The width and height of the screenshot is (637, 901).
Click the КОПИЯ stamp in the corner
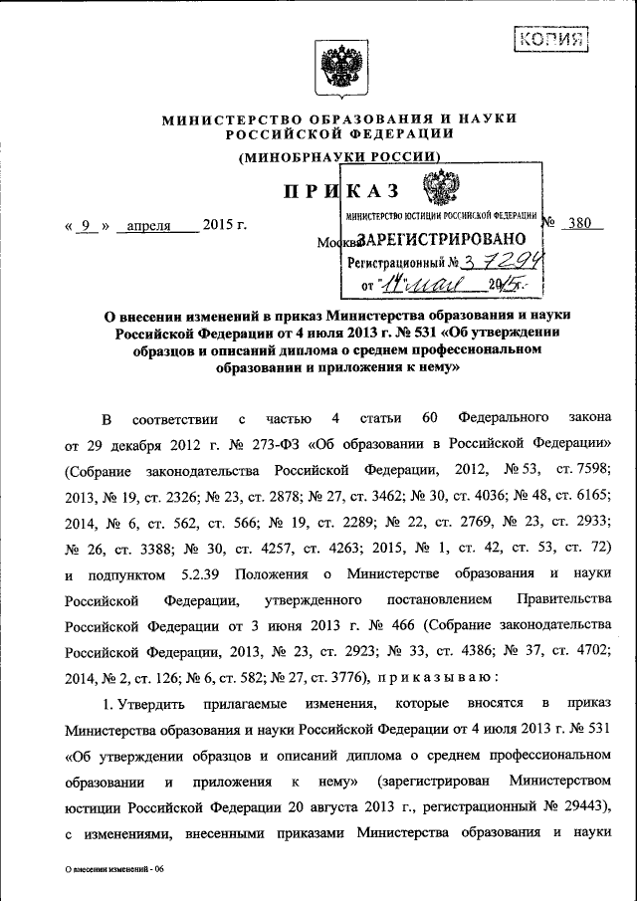click(550, 41)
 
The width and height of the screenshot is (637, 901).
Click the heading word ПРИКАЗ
click(341, 191)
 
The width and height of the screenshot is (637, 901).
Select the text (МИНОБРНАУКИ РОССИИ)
click(338, 156)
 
